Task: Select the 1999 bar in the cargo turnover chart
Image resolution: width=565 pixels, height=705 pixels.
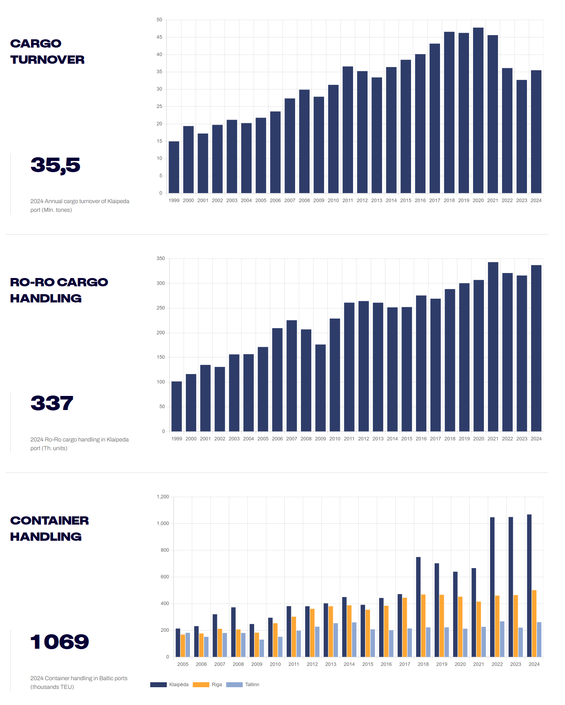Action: click(174, 167)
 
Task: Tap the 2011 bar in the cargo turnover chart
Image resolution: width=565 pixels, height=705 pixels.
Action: click(348, 130)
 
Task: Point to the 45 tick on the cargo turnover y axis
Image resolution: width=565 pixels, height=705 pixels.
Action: click(159, 37)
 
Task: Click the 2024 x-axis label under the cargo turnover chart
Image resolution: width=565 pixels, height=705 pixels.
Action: click(536, 200)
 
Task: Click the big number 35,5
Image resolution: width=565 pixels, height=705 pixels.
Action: click(55, 165)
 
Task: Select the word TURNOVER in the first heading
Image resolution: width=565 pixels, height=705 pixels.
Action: click(48, 60)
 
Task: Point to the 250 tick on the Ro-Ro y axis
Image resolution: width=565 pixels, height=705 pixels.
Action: click(161, 308)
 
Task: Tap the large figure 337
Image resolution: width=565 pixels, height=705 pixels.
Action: click(52, 403)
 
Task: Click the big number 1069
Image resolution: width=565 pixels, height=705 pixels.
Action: click(60, 642)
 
